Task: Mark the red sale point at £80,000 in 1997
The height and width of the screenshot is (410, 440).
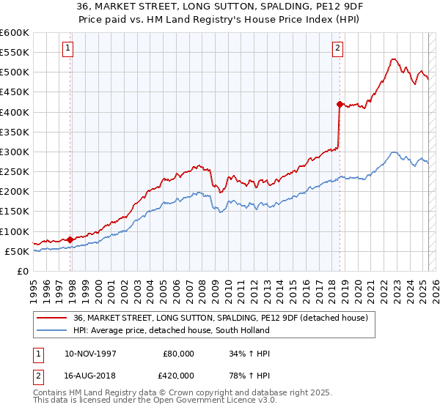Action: point(70,239)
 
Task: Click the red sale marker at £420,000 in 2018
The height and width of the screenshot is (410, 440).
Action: point(340,104)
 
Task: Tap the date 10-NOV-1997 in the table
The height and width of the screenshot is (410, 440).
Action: point(89,353)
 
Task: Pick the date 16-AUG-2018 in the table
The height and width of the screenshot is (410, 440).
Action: point(89,375)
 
